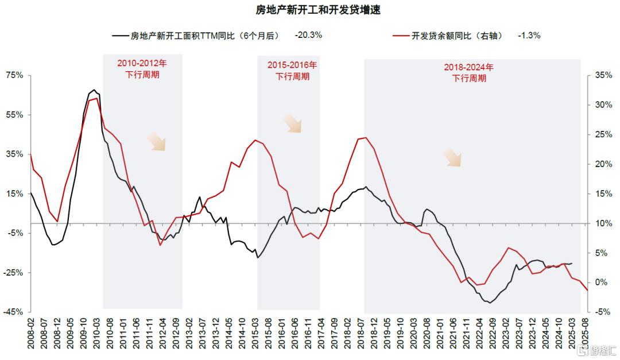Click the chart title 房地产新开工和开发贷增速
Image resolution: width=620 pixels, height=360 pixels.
[x=311, y=10]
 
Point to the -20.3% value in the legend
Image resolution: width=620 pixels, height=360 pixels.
[x=308, y=35]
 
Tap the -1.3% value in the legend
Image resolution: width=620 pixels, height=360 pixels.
[x=529, y=35]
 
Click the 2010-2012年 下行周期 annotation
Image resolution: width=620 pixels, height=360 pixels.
[x=142, y=69]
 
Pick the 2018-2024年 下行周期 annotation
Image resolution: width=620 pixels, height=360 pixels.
[x=468, y=72]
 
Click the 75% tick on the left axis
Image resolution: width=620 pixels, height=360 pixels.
[x=15, y=75]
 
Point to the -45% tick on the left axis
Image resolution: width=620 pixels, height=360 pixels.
[x=14, y=312]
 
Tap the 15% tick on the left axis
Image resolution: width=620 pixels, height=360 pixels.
[x=15, y=193]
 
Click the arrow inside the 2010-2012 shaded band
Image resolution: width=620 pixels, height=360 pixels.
[x=156, y=141]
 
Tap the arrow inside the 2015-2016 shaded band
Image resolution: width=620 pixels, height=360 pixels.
[x=293, y=123]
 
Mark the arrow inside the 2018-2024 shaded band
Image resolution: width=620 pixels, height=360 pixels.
[x=452, y=157]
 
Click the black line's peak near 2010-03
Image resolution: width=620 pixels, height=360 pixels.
[x=94, y=90]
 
